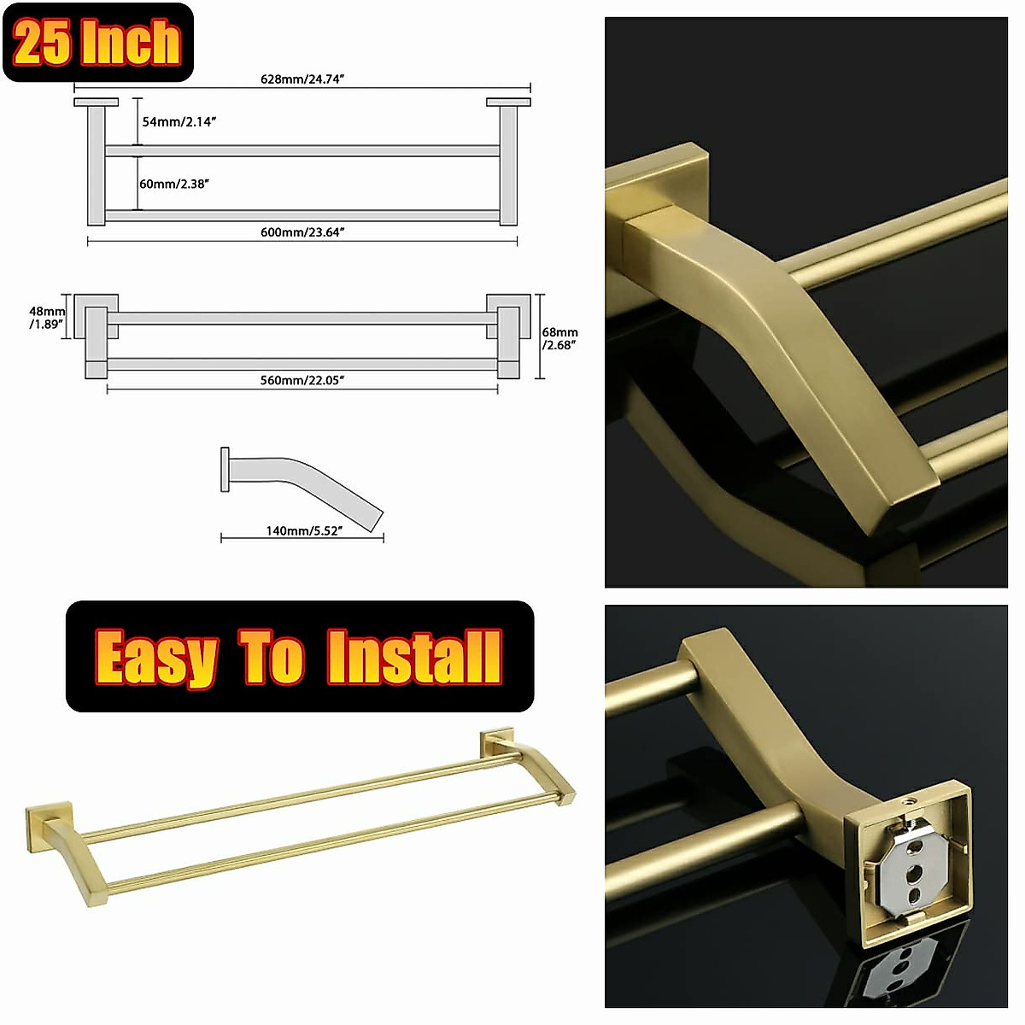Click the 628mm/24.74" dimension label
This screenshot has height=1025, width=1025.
click(x=302, y=79)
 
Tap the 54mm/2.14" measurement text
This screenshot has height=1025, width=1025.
click(x=179, y=122)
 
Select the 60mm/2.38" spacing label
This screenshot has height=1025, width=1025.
click(x=175, y=184)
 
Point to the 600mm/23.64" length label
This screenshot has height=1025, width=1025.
click(x=302, y=232)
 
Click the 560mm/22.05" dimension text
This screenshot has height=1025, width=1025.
click(x=302, y=380)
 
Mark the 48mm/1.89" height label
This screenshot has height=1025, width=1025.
click(x=47, y=318)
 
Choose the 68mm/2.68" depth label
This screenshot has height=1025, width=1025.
click(x=560, y=338)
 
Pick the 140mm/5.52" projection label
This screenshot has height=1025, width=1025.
click(x=304, y=530)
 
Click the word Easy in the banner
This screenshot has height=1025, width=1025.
click(x=156, y=658)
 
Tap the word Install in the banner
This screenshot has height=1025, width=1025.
click(x=414, y=657)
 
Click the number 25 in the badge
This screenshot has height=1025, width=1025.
click(x=43, y=43)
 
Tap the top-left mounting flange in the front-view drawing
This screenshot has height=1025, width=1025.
click(x=96, y=102)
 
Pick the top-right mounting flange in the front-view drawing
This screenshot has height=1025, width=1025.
click(x=508, y=102)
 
